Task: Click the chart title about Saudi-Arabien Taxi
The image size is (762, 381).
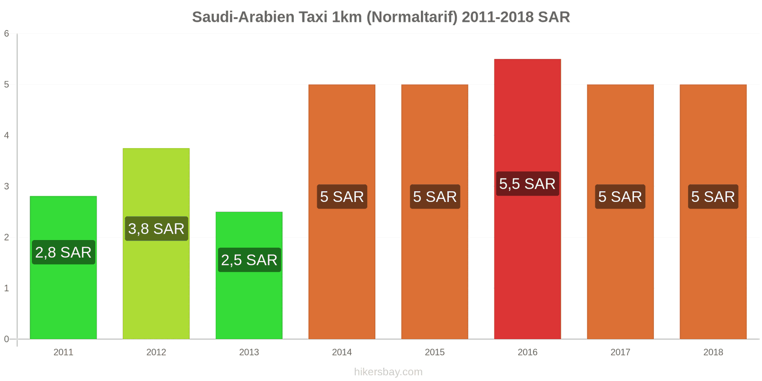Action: pos(381,17)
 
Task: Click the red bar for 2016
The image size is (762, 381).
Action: pos(527,262)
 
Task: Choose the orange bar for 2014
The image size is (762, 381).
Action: pos(342,267)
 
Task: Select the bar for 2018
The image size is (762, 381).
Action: pos(713,267)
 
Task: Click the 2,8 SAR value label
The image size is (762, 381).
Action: pos(63,252)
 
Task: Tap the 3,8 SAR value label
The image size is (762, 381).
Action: pos(156,229)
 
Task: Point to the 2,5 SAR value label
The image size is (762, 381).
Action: pos(249,260)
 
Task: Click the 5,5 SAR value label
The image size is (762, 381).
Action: pos(527,184)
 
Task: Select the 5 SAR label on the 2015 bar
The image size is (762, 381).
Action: pos(435,197)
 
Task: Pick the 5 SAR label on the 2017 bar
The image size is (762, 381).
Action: pos(620,197)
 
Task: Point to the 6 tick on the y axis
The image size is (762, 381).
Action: pos(7,34)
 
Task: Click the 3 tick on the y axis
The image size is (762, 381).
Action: pos(7,187)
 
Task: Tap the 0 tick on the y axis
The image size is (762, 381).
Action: pos(7,339)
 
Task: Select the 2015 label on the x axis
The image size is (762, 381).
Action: pos(435,352)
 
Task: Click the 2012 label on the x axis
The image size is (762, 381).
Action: pos(156,352)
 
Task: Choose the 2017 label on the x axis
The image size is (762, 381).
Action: pos(620,352)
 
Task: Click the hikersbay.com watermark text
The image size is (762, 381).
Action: pos(388,372)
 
